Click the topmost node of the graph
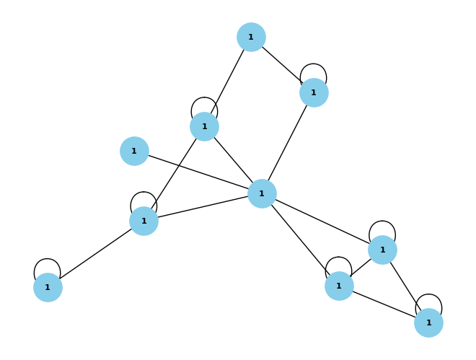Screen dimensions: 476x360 coord(251,37)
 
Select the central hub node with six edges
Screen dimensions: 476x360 coord(262,193)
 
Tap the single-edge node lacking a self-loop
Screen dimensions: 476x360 coord(134,152)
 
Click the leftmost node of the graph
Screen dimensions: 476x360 coord(48,287)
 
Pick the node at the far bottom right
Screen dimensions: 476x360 coord(428,322)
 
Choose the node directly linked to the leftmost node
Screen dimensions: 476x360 coord(144,221)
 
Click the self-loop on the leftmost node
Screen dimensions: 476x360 coord(47,259)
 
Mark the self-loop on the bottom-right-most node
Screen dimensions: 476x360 coord(428,294)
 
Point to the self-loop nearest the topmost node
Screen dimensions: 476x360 coord(313,64)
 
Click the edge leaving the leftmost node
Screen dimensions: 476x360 coord(96,254)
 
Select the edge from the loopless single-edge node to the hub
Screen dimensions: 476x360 coord(198,172)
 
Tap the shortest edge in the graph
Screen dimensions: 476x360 coord(361,268)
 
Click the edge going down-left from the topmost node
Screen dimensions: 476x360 coord(228,82)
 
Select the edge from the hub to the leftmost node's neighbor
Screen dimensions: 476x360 coord(203,207)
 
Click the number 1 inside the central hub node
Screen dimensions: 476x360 coord(262,193)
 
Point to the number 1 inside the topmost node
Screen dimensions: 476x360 coord(251,37)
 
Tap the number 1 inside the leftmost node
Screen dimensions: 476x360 coord(48,287)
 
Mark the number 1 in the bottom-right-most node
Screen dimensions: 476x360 coord(428,322)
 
